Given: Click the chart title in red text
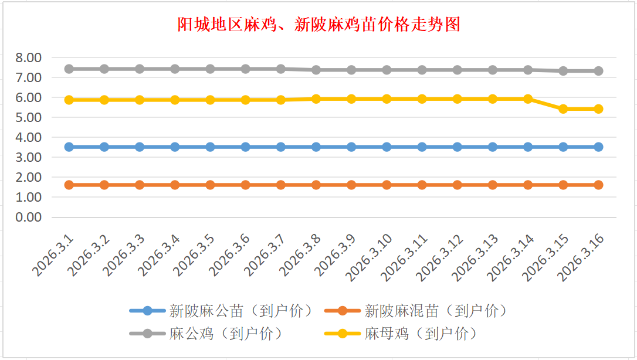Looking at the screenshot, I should coord(318,25).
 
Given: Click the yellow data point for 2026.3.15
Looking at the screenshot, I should coord(563,109).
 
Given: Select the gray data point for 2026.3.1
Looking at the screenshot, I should coord(69,69).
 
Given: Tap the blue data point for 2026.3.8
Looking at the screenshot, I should coord(316,147).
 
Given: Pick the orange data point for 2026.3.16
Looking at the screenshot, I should coord(598,185).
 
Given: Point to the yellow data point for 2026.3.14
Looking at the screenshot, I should coord(528,99).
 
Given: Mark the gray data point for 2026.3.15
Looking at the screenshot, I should coord(563,70).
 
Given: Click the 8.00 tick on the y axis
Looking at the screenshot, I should coord(29,57).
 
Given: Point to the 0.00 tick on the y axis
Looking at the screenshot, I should coord(29,217).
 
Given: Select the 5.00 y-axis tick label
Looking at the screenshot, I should coord(29,117).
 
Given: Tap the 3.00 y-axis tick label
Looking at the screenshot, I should coord(29,157).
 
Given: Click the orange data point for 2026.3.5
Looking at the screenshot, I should coord(211,185).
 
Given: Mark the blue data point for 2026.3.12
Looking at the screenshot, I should coord(458,147).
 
